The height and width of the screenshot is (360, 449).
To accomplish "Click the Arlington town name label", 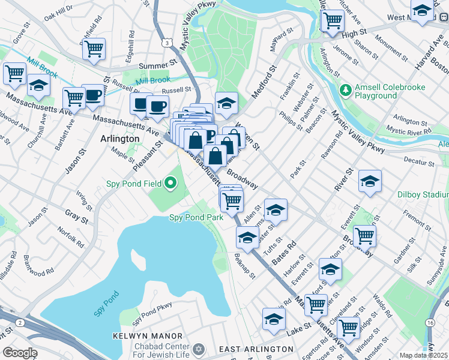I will click(x=119, y=139).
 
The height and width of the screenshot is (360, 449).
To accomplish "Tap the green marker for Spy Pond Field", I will click(x=171, y=183).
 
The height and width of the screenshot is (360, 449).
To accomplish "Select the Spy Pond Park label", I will click(x=196, y=217).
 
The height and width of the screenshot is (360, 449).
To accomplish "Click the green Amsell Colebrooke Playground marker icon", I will click(x=346, y=91).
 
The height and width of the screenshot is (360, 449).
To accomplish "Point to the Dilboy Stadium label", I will click(x=423, y=194).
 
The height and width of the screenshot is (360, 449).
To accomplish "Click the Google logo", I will click(x=20, y=353).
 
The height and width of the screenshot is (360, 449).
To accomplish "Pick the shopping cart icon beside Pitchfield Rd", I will click(x=94, y=49).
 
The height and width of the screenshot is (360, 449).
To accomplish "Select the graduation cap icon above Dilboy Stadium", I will click(x=370, y=181).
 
